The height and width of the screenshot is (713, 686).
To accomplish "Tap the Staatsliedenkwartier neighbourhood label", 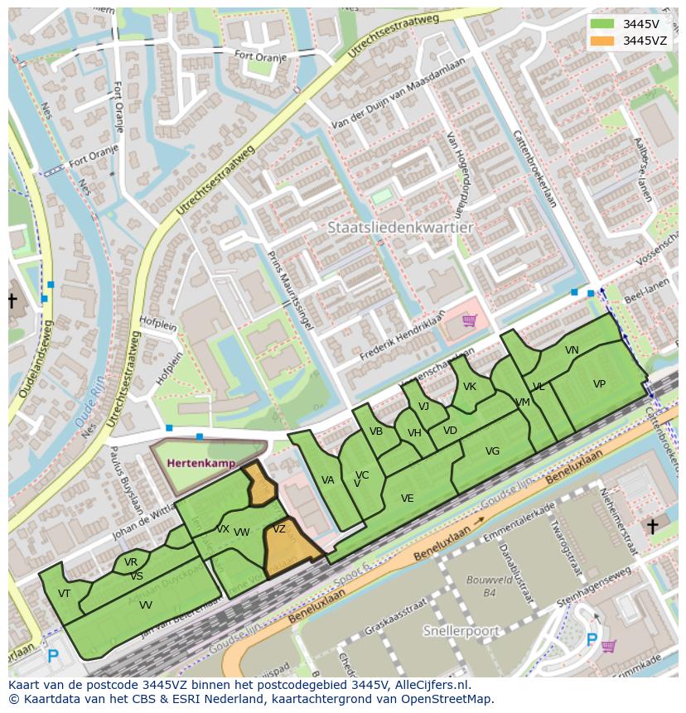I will coord(400,227).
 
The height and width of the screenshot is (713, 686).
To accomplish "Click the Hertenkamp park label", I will coord(200,463).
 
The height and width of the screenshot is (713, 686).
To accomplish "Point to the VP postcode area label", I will coord(599,384).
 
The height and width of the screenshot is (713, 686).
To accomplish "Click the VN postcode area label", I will coord(572,350).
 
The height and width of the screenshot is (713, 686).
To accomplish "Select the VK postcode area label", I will coord(470,387).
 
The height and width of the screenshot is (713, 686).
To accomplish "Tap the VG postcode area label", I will coord(492,451).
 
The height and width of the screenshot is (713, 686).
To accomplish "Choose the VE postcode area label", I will coord(407,499).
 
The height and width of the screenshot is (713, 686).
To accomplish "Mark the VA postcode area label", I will coord(327,480).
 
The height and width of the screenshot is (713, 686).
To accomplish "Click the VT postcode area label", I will coord(64,593).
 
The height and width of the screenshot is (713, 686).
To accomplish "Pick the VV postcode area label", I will coord(146,605).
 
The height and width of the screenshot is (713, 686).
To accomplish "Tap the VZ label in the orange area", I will coord(279,529).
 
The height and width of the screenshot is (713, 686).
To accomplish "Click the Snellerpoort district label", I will coord(461,631).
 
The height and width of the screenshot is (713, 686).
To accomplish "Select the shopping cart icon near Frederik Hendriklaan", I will coord(469,320).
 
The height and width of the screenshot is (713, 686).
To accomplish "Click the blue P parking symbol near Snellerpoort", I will coord(592,639).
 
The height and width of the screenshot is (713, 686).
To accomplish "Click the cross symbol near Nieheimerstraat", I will coord(652,527).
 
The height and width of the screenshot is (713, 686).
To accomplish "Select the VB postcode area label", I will coord(376,431).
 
